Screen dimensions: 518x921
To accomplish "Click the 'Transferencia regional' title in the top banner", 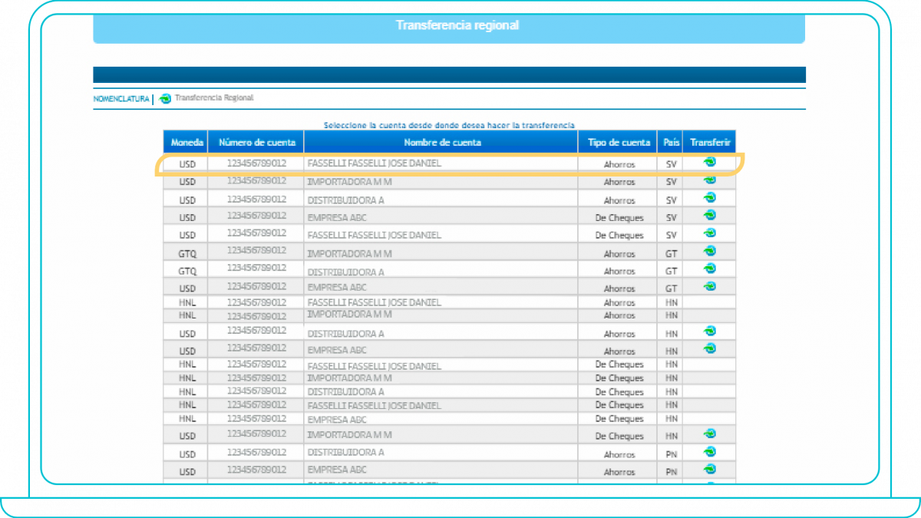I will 457,25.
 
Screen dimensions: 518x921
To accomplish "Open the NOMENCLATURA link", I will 121,99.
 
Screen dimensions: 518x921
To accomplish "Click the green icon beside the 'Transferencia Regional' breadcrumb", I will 165,98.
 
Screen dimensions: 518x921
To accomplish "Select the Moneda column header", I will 187,142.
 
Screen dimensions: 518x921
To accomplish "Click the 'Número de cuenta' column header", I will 256,142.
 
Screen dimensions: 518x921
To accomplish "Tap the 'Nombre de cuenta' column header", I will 442,142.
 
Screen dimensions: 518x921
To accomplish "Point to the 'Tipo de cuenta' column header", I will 619,142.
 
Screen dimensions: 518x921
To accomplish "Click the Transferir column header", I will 710,142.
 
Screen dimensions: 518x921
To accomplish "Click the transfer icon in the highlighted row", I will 710,162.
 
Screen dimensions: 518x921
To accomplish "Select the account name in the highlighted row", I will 374,163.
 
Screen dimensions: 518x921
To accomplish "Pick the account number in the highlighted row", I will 256,163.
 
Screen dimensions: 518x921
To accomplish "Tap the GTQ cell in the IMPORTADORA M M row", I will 187,253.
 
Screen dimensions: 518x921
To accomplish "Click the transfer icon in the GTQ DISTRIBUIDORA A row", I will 710,269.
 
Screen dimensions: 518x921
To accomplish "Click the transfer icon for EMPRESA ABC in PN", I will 710,469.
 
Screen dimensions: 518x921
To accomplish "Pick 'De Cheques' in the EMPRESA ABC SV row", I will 619,218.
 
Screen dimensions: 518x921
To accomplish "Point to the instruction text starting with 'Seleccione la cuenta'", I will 449,125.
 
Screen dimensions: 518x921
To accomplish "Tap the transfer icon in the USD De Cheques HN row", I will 710,434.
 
